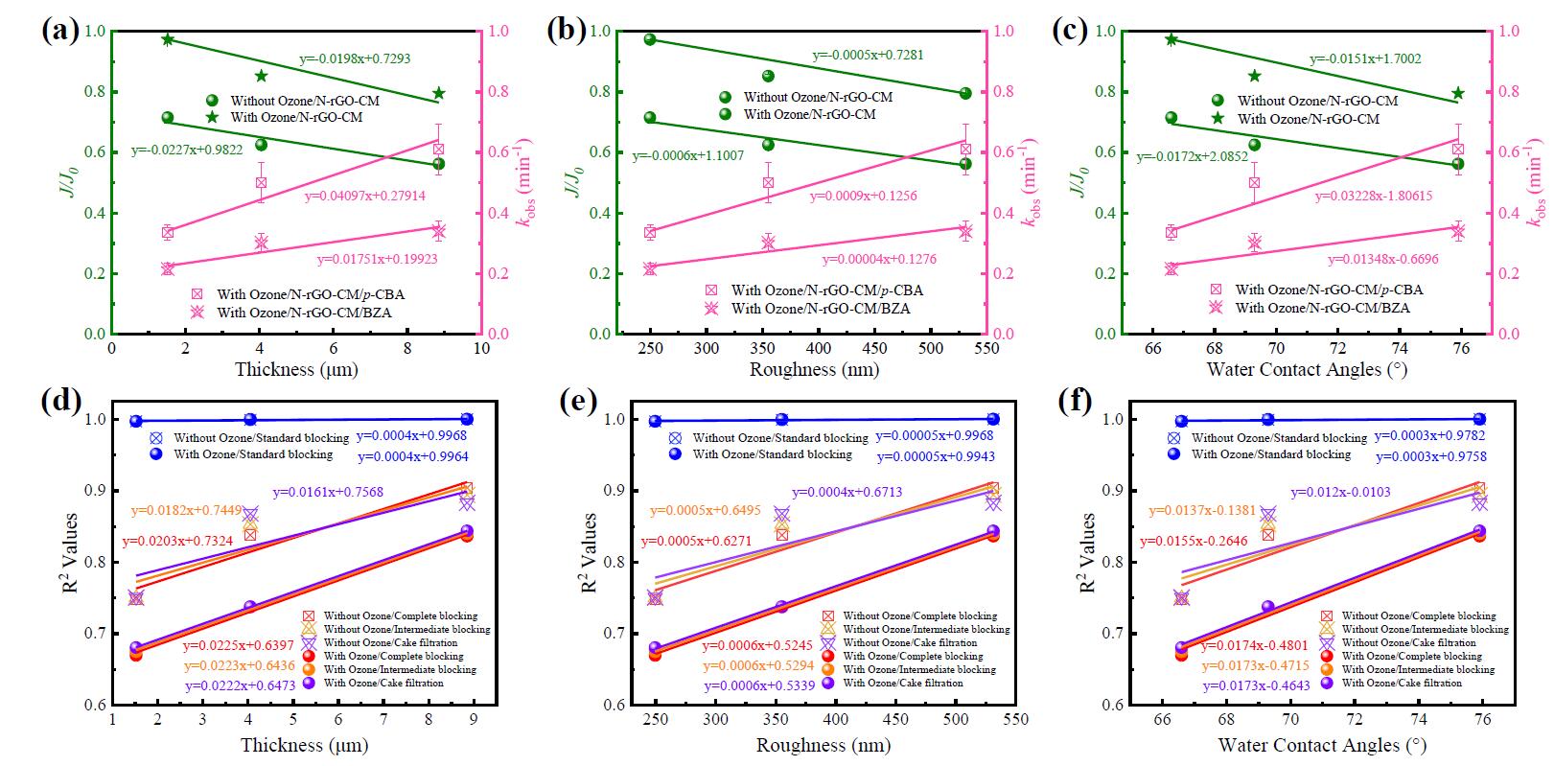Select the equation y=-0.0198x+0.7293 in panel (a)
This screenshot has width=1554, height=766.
pyautogui.click(x=355, y=58)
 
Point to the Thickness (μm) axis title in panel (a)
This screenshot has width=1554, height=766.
pyautogui.click(x=289, y=369)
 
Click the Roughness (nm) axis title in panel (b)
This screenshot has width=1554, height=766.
pyautogui.click(x=813, y=369)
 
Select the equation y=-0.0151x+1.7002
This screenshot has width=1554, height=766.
pyautogui.click(x=1365, y=58)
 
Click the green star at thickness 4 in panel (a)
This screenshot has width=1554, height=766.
pyautogui.click(x=261, y=76)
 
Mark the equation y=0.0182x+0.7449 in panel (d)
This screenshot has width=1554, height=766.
pyautogui.click(x=186, y=511)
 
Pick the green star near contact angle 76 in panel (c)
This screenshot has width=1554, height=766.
pyautogui.click(x=1458, y=93)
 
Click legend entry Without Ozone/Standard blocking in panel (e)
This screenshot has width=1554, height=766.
pyautogui.click(x=779, y=437)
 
